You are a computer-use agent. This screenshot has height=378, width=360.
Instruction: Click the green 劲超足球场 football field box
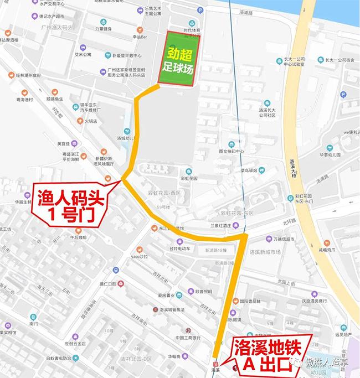click(176, 59)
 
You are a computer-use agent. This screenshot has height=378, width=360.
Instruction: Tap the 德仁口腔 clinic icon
click(121, 284)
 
